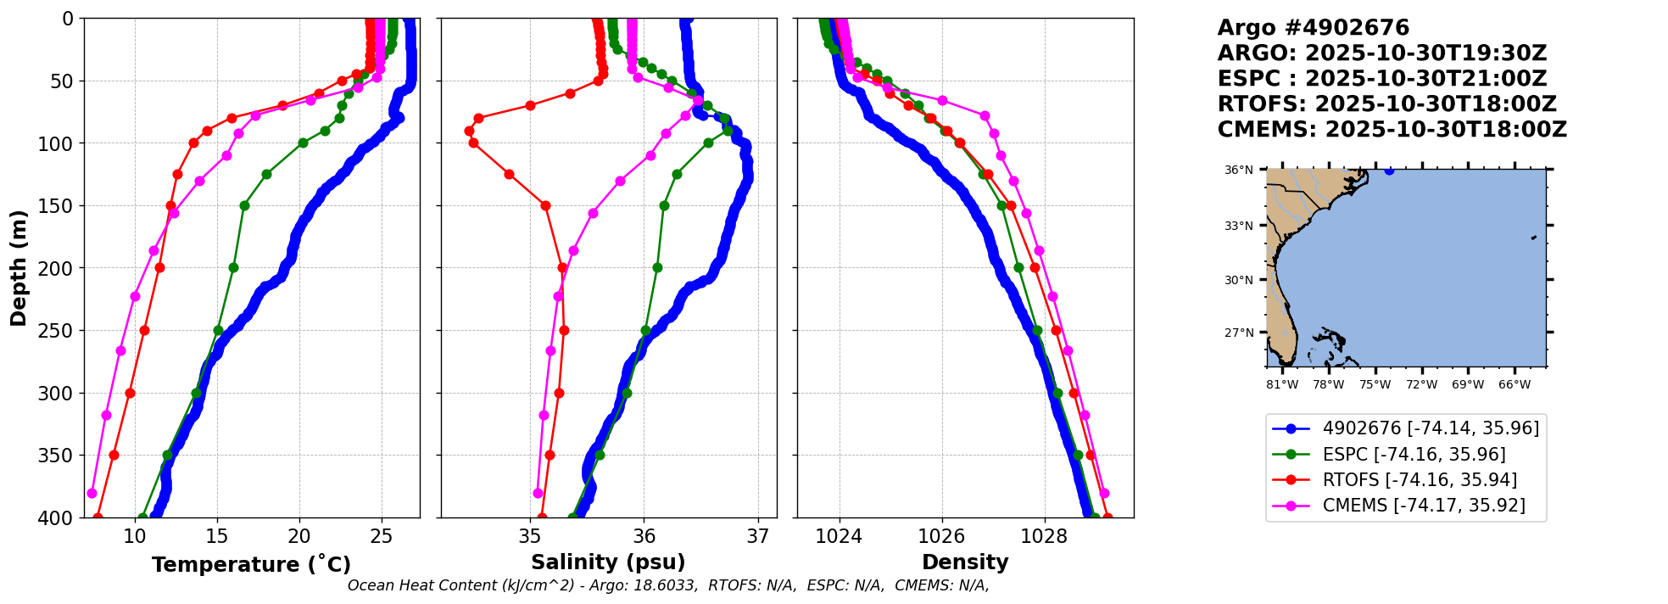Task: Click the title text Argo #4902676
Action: (1313, 28)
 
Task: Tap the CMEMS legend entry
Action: (1424, 506)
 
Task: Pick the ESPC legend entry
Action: (1414, 454)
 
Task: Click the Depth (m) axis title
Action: (18, 268)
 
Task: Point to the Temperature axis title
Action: (251, 565)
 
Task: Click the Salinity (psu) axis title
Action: (608, 562)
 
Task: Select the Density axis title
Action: (965, 562)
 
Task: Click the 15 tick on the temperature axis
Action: (217, 536)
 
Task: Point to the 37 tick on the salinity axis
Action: (758, 536)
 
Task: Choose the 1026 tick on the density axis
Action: (941, 536)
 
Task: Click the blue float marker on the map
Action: (1389, 171)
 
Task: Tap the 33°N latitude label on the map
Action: (1238, 226)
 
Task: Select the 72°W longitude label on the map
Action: (1421, 384)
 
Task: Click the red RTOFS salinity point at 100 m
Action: (473, 143)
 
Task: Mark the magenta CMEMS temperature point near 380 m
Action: (92, 493)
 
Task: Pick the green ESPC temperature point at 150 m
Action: (244, 205)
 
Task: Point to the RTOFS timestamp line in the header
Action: (1386, 104)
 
